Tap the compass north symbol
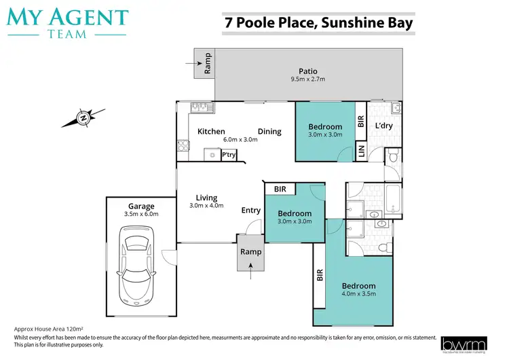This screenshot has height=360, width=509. click(x=83, y=118)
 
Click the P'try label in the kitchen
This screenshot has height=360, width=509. click(x=229, y=155)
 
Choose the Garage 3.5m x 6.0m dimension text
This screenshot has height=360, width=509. click(x=141, y=214)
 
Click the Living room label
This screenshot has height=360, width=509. click(x=206, y=198)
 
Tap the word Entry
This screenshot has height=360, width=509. click(x=250, y=211)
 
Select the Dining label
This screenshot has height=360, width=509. click(x=269, y=132)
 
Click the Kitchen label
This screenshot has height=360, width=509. click(x=211, y=132)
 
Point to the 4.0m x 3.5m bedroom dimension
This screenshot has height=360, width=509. click(x=358, y=294)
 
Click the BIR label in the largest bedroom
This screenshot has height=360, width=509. click(x=319, y=276)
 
